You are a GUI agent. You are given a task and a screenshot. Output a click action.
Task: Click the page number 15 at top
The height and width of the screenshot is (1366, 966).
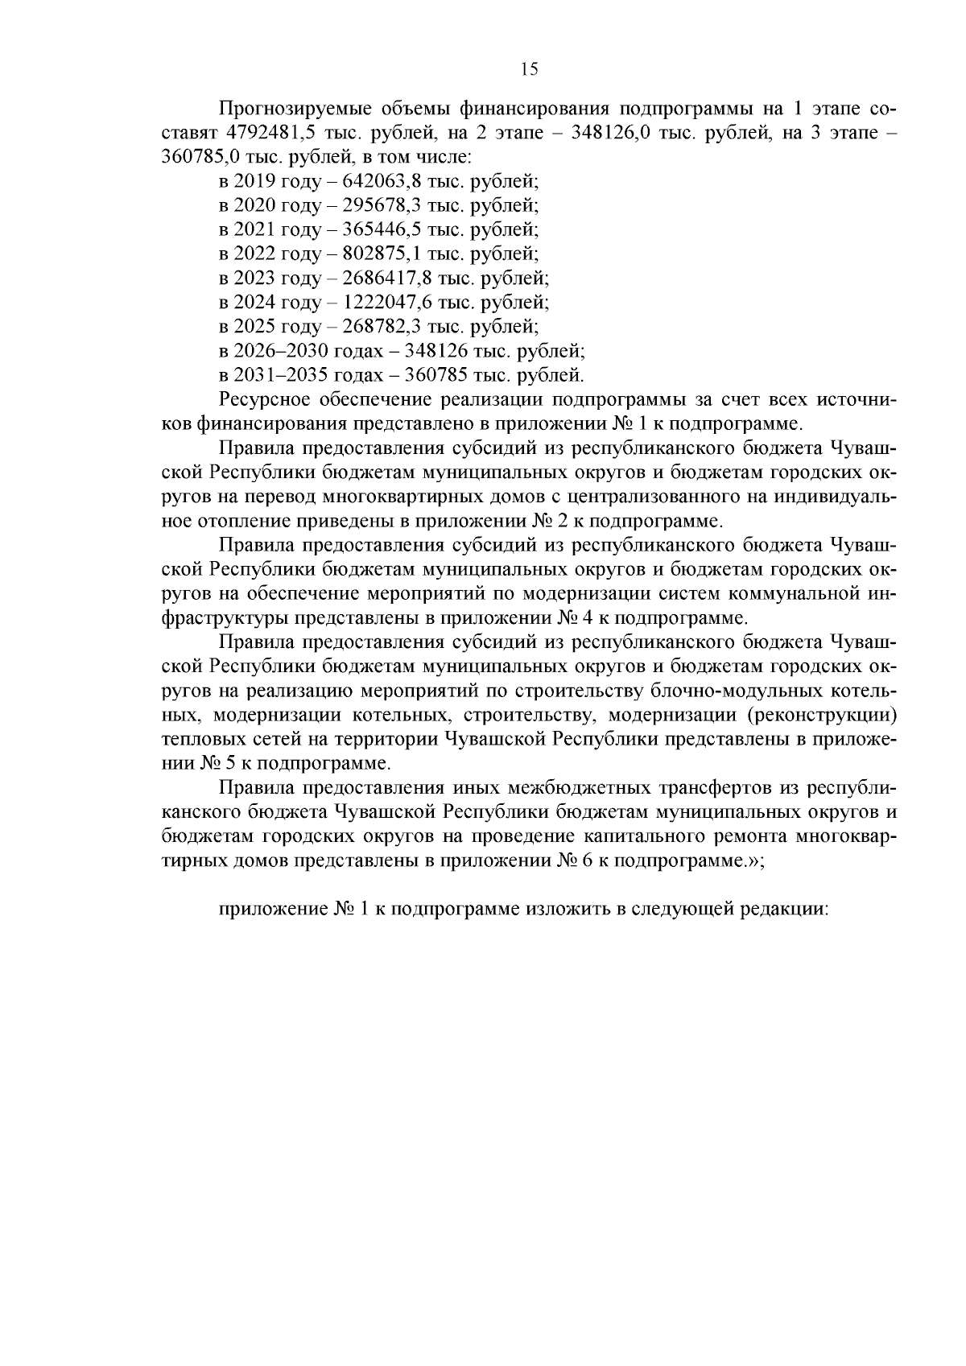pos(529,69)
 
